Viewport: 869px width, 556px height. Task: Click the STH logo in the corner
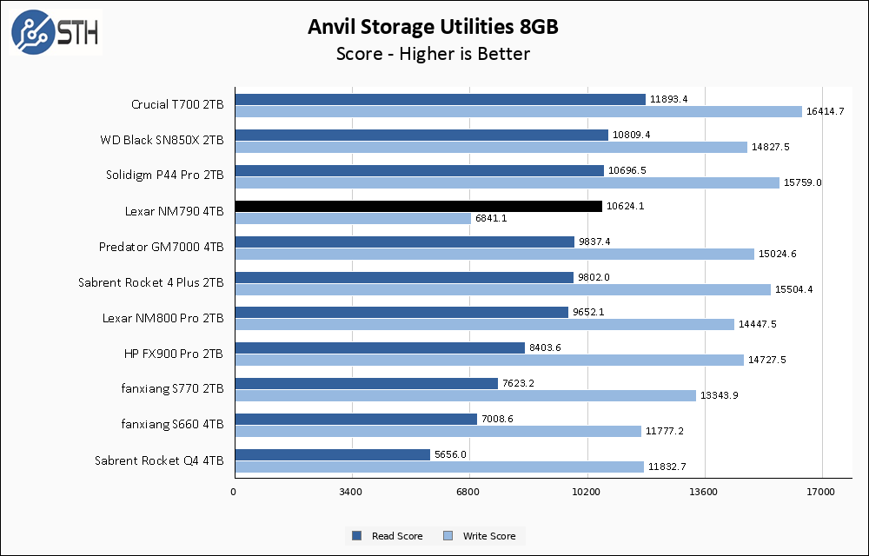click(55, 32)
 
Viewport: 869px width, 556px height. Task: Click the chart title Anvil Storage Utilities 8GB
click(433, 27)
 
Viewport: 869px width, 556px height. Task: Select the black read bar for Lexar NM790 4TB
click(418, 207)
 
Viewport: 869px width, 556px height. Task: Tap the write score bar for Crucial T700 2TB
click(518, 112)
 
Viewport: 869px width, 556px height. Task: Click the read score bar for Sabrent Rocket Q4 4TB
click(332, 455)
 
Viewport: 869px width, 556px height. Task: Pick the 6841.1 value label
click(491, 218)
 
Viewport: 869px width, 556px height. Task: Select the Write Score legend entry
click(479, 536)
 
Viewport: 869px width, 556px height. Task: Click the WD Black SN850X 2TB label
click(163, 140)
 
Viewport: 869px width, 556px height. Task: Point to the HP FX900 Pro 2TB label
click(174, 354)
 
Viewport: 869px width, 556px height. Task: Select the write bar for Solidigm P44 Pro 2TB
click(507, 183)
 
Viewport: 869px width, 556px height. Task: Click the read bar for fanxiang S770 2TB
click(366, 384)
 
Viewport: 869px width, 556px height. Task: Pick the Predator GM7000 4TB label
click(161, 247)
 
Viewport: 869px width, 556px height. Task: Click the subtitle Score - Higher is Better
click(433, 54)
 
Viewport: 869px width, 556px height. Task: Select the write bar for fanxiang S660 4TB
click(438, 432)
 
